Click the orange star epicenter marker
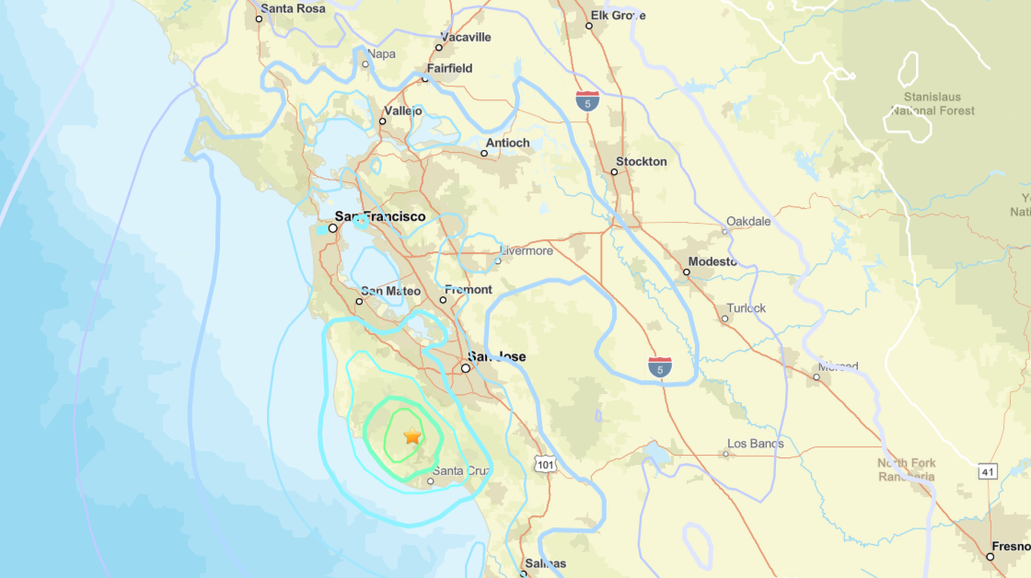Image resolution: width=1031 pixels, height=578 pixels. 411,436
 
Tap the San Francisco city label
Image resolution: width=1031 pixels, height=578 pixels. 380,216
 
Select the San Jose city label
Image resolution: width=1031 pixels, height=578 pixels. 496,356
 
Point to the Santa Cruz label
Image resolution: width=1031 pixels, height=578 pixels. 461,470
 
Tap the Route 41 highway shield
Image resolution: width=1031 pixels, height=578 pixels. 988,470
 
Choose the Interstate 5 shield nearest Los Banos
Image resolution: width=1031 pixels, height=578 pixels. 659,367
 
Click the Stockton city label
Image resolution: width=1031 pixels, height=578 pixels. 641,161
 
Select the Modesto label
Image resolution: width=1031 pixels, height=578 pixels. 712,261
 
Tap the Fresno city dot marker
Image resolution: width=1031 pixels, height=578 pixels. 990,556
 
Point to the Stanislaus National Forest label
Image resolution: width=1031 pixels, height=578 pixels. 932,103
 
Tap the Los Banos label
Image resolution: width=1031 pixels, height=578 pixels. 755,444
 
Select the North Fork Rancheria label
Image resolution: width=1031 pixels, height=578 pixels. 906,469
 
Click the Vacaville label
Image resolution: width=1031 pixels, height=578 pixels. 466,37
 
